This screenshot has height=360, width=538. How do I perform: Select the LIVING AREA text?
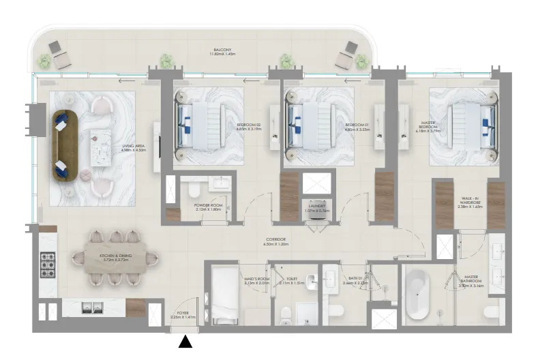pyautogui.click(x=134, y=148)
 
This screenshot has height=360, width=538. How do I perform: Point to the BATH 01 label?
pyautogui.click(x=354, y=281)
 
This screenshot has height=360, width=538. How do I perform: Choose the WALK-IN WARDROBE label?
pyautogui.click(x=470, y=202)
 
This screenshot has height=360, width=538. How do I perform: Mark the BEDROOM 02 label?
pyautogui.click(x=249, y=127)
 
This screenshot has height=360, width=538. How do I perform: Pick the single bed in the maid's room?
pyautogui.click(x=223, y=297)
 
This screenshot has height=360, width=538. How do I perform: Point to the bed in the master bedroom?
pyautogui.click(x=469, y=124)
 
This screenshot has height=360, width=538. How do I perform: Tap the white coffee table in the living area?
pyautogui.click(x=102, y=146)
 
